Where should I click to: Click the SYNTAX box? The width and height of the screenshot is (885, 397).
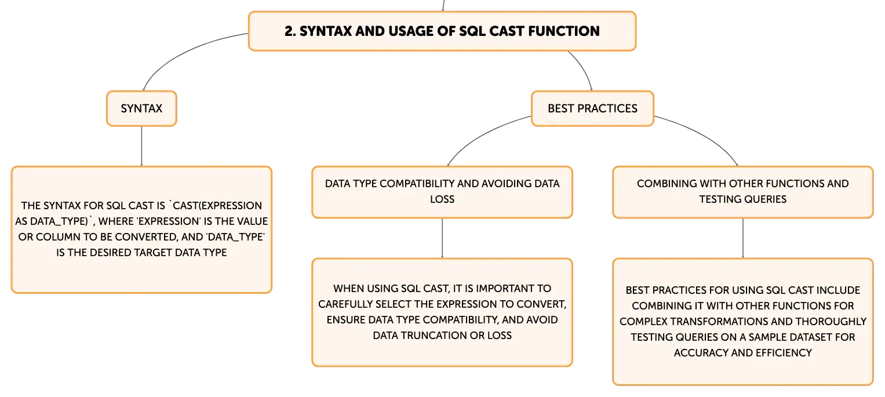click(x=141, y=108)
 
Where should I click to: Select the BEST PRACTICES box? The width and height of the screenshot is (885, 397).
click(x=592, y=108)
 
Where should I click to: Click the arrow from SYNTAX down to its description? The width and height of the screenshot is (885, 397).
click(x=141, y=146)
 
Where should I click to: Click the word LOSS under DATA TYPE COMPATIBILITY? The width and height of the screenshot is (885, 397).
click(x=442, y=199)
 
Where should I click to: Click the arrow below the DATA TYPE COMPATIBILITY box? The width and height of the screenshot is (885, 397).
click(x=442, y=238)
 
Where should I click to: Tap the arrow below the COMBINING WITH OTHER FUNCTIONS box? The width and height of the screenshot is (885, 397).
click(x=743, y=238)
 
